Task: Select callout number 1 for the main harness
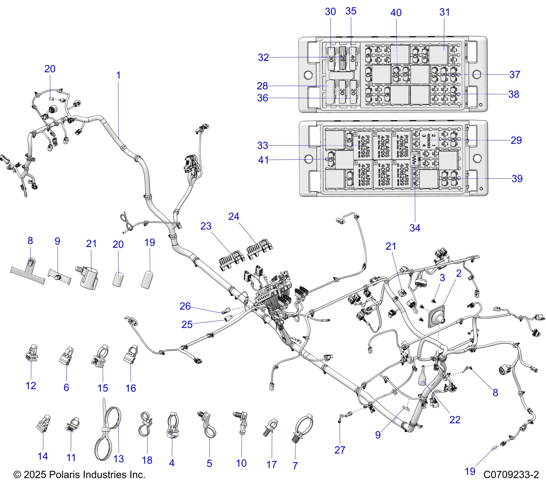(x=118, y=75)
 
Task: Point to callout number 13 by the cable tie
(x=119, y=459)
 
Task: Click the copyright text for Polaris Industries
(x=79, y=475)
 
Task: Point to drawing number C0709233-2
(x=511, y=475)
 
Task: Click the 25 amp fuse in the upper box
(x=342, y=58)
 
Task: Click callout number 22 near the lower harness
(x=455, y=420)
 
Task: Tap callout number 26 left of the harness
(x=185, y=306)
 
